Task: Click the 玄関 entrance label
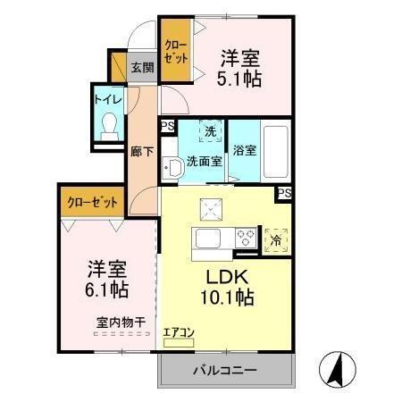point(142,67)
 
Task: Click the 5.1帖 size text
point(240,80)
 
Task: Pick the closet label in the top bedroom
point(176,52)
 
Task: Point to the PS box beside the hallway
point(167,127)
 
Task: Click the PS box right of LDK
point(284,193)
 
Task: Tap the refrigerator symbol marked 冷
point(276,239)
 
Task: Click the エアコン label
point(179,333)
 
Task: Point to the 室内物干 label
point(122,322)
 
